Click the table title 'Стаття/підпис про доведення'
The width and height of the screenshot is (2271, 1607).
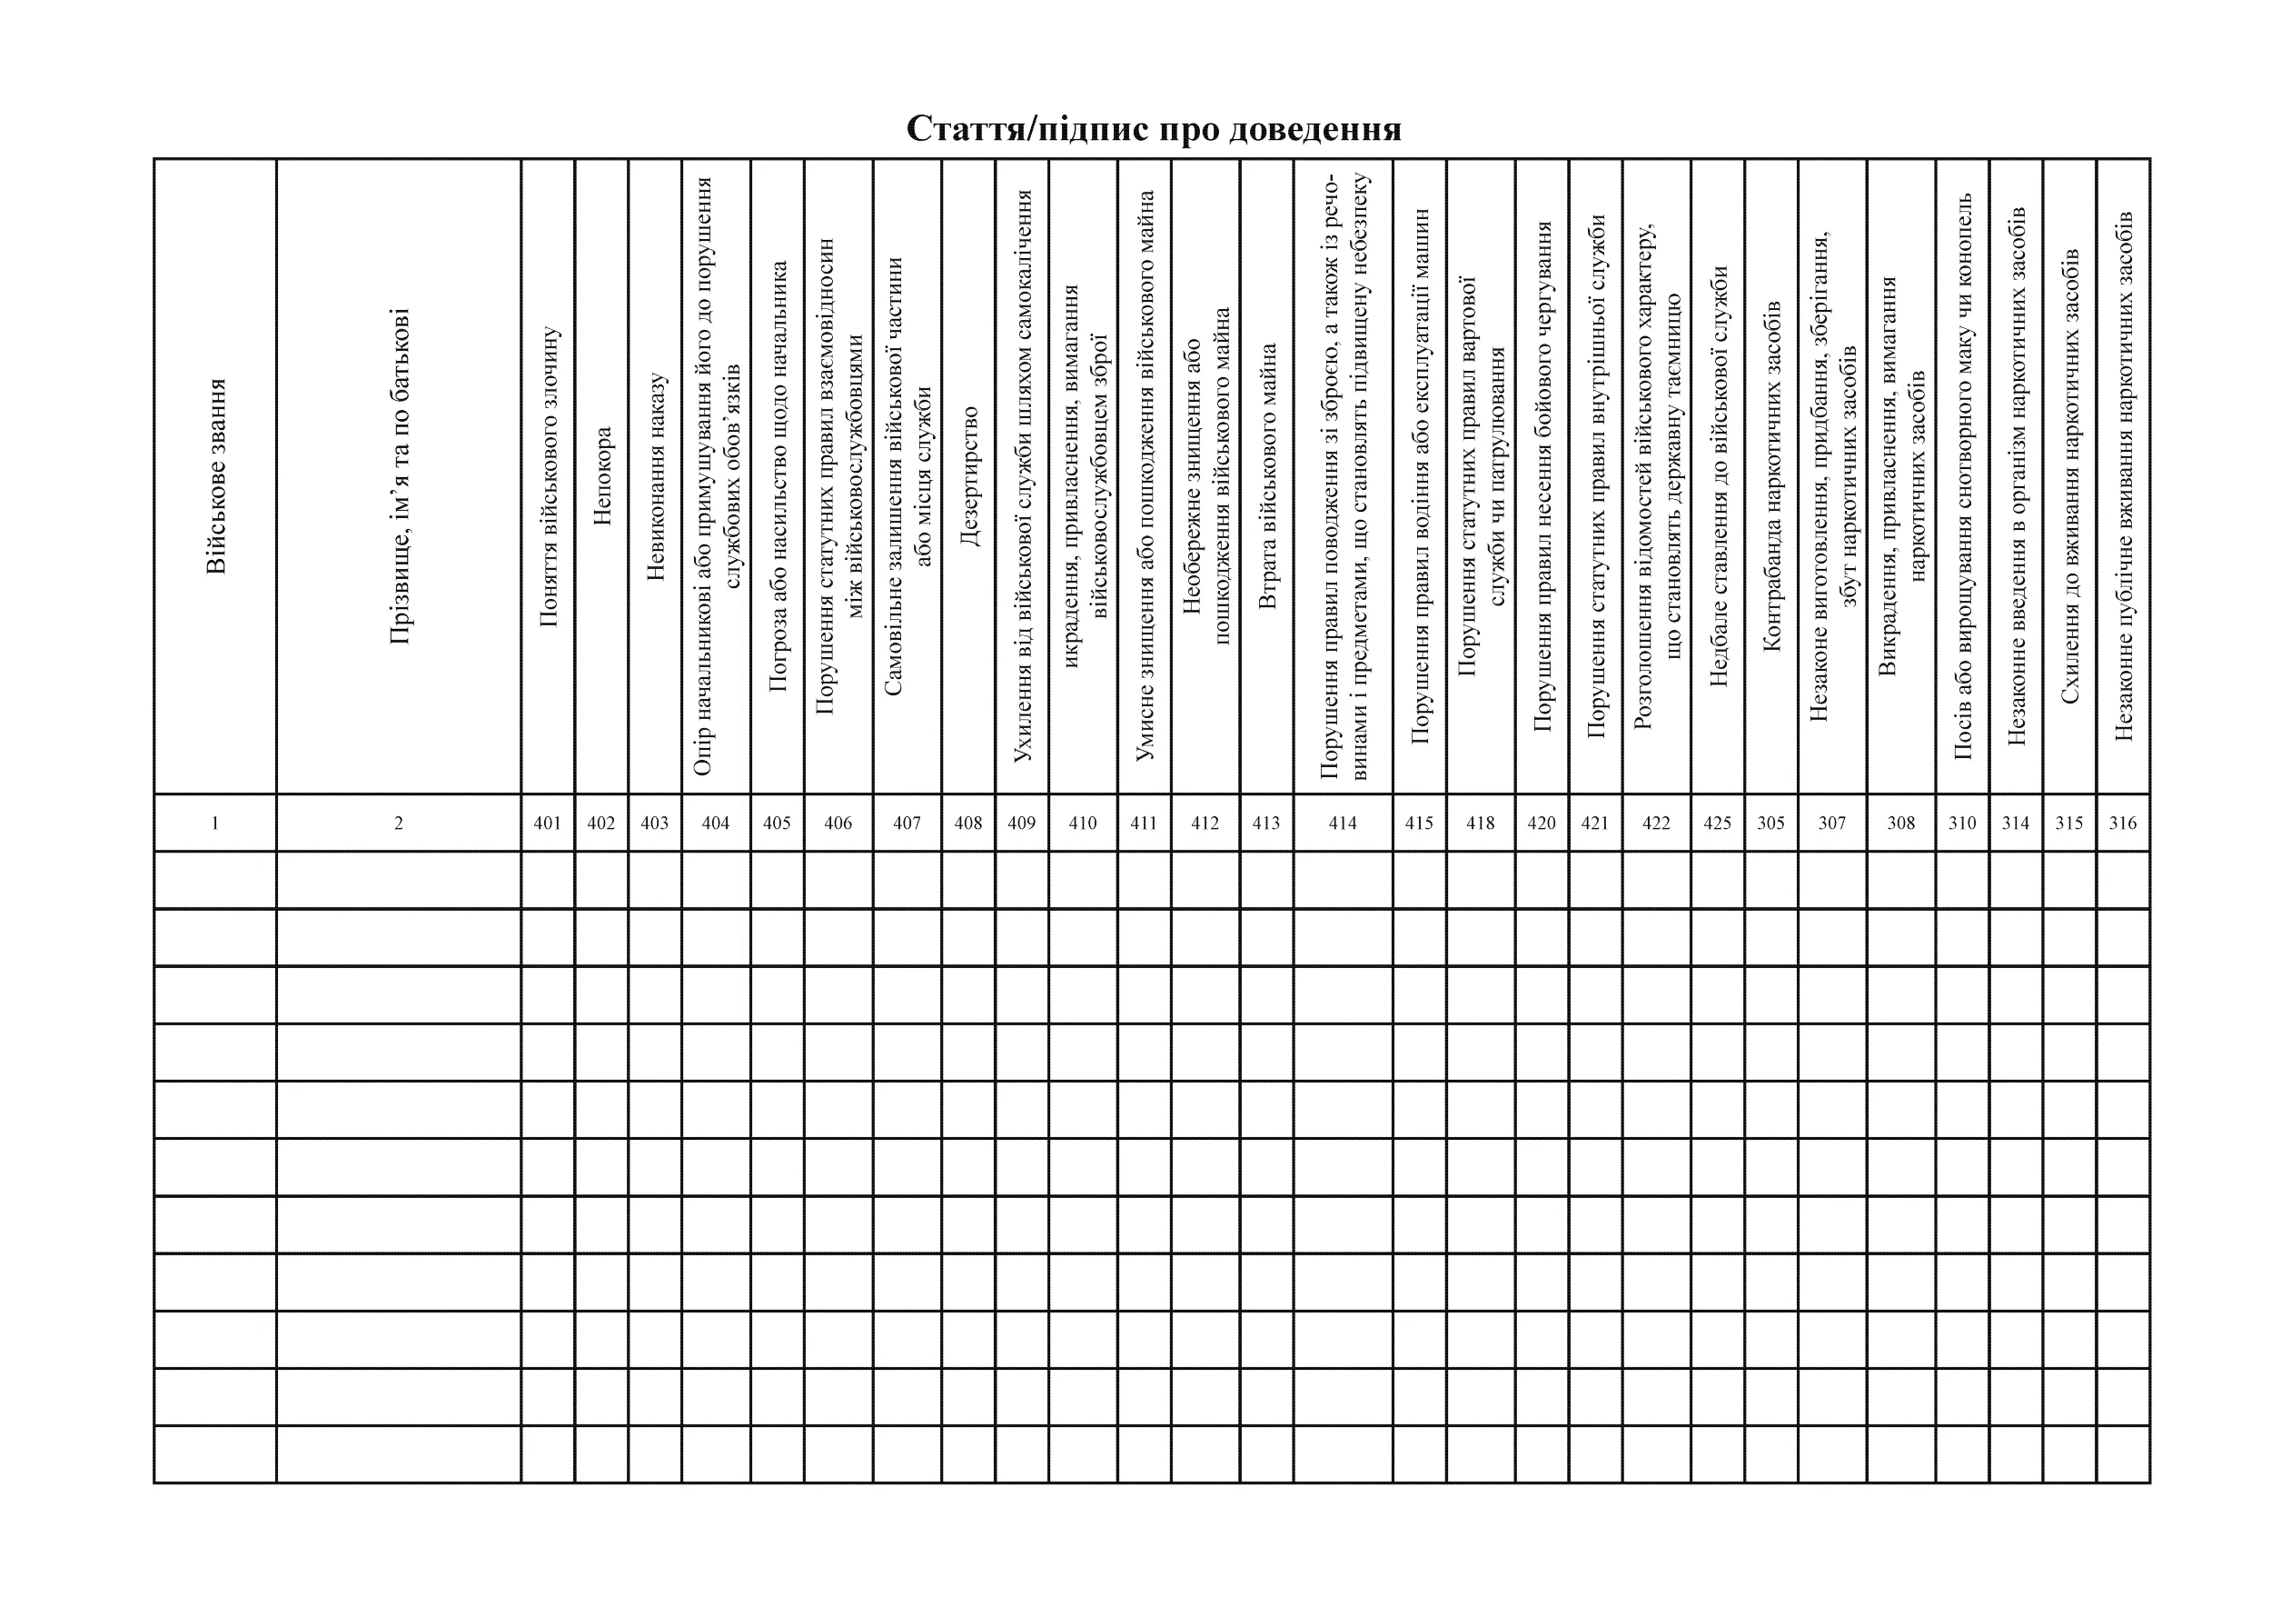[x=1154, y=130]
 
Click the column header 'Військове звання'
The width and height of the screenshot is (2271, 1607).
[x=215, y=476]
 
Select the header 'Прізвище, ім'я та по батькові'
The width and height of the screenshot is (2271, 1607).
[x=399, y=476]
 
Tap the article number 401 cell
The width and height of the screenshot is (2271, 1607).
[x=547, y=823]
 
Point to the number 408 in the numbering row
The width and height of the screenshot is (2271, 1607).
[x=968, y=823]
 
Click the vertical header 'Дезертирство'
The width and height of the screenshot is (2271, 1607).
[x=968, y=476]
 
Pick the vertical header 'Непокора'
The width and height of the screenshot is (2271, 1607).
[x=602, y=476]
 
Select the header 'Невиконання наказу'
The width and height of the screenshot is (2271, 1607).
[x=655, y=476]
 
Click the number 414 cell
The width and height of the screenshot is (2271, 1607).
[x=1343, y=823]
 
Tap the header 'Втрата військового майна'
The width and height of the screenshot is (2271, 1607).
[x=1267, y=476]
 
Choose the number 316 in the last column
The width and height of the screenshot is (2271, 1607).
[x=2123, y=823]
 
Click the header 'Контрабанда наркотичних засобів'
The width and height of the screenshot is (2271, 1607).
[x=1771, y=476]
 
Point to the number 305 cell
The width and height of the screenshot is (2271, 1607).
[x=1770, y=823]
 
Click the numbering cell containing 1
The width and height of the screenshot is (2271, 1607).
[x=214, y=823]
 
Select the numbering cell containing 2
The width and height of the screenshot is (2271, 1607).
[x=399, y=823]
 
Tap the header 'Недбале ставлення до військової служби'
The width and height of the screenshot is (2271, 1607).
[x=1718, y=476]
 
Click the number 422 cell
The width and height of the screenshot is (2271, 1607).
[x=1656, y=823]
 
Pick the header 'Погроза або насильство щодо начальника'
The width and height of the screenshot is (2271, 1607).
[x=778, y=476]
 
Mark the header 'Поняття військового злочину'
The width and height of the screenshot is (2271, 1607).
[x=548, y=476]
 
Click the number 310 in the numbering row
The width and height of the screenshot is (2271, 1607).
[x=1962, y=823]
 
